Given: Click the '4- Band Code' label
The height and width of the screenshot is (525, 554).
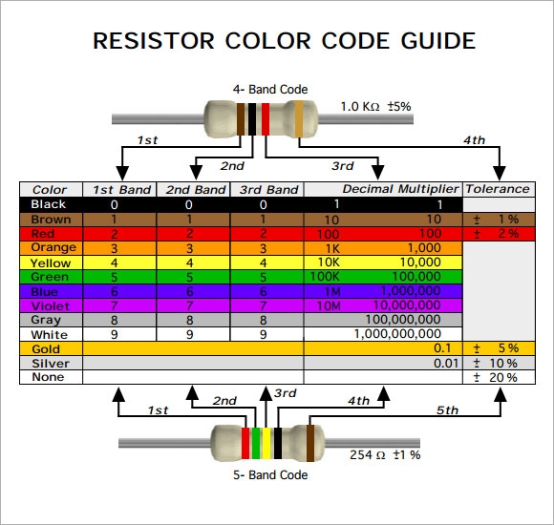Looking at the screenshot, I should [270, 90].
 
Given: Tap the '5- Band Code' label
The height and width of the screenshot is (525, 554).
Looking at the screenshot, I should [271, 474].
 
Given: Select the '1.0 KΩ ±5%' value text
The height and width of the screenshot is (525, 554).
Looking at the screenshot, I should [375, 107].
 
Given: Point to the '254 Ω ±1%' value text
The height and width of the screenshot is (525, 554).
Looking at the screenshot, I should [385, 454].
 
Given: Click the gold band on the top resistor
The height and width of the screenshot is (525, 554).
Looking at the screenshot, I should [299, 119].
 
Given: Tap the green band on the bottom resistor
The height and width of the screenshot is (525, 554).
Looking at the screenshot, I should [256, 443].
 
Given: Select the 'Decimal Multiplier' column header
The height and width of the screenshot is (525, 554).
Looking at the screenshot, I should [401, 190].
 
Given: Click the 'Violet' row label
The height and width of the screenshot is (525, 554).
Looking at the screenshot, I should [50, 306].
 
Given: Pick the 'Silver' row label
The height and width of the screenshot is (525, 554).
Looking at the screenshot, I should [50, 364].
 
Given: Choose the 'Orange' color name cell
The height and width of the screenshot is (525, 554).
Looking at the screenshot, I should [53, 248].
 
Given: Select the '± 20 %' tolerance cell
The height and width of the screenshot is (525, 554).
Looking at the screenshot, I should [496, 378].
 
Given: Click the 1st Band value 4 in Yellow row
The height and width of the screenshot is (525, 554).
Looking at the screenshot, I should [115, 262].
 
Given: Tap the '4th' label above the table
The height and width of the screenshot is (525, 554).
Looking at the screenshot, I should [474, 140].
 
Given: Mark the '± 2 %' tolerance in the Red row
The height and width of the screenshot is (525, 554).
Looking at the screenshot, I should [496, 234].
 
